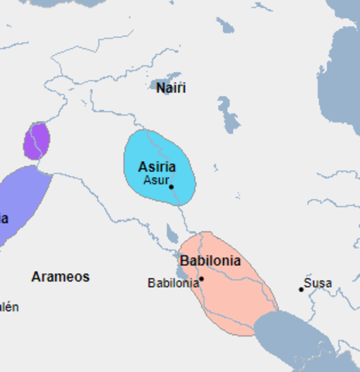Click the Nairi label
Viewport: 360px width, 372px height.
171,88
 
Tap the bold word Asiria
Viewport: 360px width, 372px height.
156,167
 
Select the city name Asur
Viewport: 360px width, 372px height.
156,180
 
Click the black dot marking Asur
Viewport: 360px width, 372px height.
171,187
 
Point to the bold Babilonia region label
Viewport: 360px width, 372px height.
210,261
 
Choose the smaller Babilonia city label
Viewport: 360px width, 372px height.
173,283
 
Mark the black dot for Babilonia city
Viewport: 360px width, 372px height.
201,278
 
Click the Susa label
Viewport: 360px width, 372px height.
318,283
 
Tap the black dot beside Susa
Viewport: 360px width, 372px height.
301,289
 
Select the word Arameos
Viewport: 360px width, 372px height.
60,277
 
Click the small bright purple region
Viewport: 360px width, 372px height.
36,140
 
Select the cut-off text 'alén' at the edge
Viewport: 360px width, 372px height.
9,307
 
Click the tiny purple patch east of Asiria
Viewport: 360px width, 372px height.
215,167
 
